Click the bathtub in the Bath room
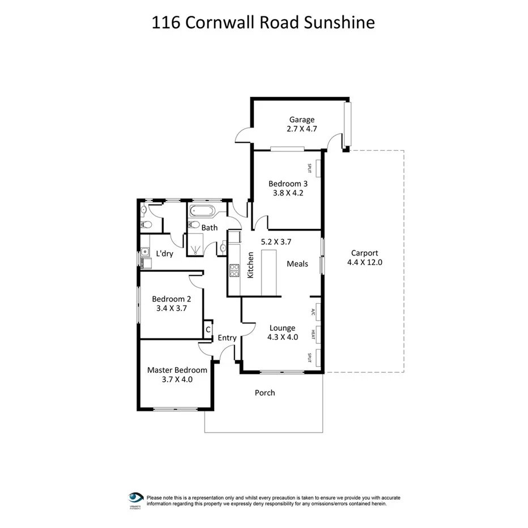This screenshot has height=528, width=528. click(x=202, y=212)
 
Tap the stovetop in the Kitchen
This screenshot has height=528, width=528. click(x=233, y=271)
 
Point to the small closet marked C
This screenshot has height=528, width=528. click(x=208, y=329)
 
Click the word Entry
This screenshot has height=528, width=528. click(x=227, y=338)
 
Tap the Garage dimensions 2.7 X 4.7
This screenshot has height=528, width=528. click(x=302, y=129)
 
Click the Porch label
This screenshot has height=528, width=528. click(x=265, y=393)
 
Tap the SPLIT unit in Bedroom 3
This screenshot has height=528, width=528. click(x=317, y=168)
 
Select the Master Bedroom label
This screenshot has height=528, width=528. click(x=177, y=370)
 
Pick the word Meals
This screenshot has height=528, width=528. click(x=297, y=263)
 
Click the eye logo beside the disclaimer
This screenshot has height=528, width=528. click(x=136, y=497)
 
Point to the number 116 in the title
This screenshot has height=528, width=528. click(x=164, y=23)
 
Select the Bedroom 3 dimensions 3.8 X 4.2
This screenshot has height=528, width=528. click(x=288, y=193)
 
